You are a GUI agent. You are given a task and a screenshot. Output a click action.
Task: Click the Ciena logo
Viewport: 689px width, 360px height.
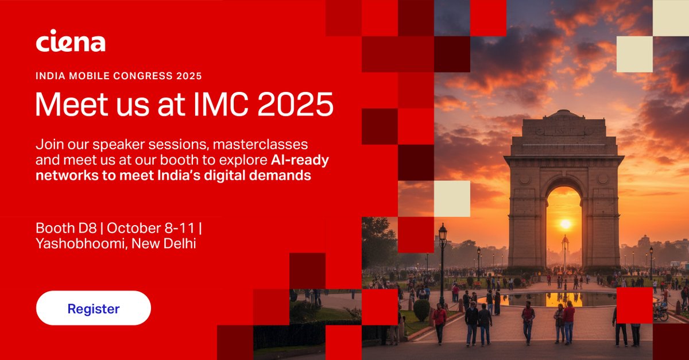70,41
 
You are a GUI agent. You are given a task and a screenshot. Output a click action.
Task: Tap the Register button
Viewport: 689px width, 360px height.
94,308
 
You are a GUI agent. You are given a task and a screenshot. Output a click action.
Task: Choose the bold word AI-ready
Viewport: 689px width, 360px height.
302,160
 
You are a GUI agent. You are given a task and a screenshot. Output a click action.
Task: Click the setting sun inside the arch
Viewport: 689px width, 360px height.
565,224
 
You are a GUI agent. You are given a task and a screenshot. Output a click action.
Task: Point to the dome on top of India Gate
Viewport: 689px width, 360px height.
564,115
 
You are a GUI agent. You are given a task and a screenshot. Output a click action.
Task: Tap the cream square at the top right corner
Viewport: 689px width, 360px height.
671,17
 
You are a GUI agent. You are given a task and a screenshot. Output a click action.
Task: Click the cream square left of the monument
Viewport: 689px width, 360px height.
452,199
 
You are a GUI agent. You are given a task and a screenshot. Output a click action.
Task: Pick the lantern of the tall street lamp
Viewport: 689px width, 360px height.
443,233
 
